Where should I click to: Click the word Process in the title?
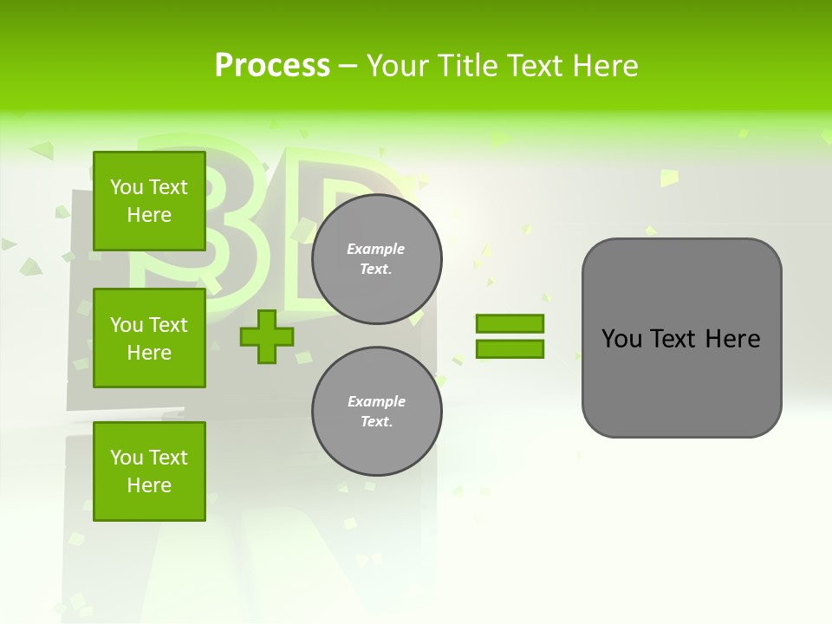tap(272, 66)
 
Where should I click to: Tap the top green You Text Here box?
tap(149, 201)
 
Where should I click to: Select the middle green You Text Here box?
tap(149, 338)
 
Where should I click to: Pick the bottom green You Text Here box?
tap(149, 471)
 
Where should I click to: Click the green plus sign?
tap(267, 337)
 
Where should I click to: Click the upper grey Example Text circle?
tap(377, 259)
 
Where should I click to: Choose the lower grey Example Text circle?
tap(377, 412)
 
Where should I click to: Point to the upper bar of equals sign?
tap(510, 323)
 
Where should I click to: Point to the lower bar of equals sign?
tap(510, 349)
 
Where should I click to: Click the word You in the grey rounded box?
tap(621, 339)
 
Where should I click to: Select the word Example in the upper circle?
tap(376, 249)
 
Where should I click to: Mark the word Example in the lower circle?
tap(376, 401)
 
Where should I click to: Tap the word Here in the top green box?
tap(149, 215)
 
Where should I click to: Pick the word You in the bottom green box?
tap(127, 458)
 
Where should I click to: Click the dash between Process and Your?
tap(348, 67)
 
